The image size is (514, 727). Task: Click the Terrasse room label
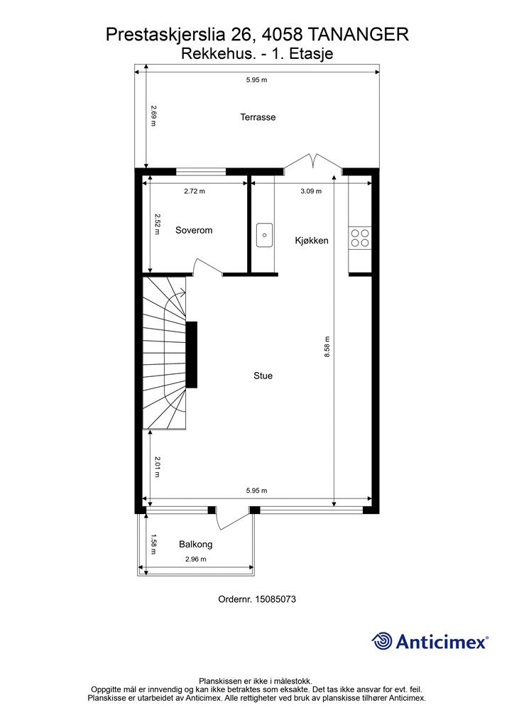pos(258,117)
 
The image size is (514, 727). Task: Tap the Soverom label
pos(194,230)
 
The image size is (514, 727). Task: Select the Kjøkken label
pos(312,241)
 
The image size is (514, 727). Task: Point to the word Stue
pos(263,376)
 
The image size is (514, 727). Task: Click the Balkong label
pos(195,545)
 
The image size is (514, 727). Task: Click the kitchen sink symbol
pos(265,234)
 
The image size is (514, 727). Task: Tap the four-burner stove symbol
pos(360,238)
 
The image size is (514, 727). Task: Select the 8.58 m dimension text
pos(327,346)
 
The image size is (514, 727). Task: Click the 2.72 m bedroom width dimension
pos(195,191)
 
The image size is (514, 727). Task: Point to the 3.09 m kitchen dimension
pos(311,191)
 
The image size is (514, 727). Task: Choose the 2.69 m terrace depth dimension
pos(154,116)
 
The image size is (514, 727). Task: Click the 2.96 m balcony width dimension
pos(195,559)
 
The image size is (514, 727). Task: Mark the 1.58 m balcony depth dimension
pos(154,545)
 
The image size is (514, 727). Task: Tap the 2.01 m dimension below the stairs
pos(157,467)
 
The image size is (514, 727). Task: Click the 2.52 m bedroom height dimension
pos(157,224)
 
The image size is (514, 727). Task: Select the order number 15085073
pos(275,599)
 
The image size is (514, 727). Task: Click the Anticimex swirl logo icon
pos(382,641)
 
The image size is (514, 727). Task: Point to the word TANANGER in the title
pos(359,34)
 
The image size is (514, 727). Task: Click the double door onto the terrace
pos(313,162)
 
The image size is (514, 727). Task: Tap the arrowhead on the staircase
pos(184,293)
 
